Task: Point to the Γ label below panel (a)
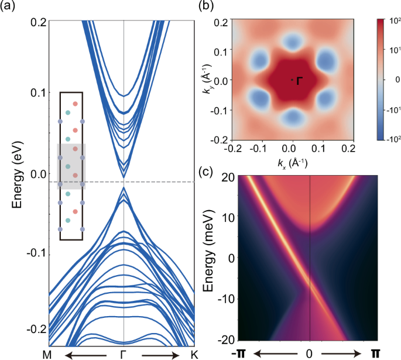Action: click(x=124, y=354)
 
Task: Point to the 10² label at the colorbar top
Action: click(x=390, y=22)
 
